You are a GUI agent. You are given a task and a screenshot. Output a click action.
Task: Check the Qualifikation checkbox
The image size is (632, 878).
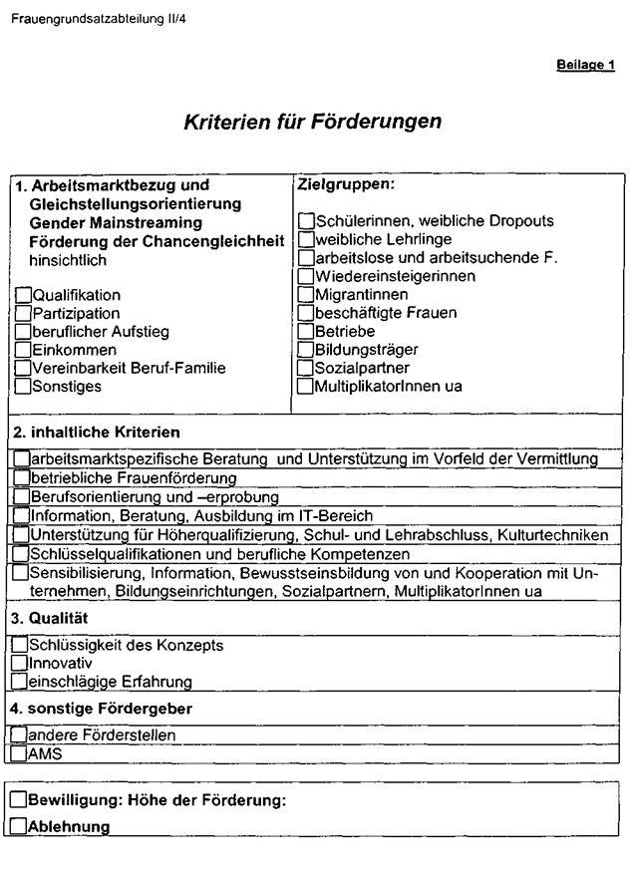pyautogui.click(x=23, y=296)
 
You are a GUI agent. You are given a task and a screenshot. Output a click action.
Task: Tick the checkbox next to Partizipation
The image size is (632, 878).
pyautogui.click(x=23, y=314)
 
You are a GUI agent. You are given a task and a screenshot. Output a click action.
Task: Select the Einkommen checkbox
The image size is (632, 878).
pyautogui.click(x=23, y=351)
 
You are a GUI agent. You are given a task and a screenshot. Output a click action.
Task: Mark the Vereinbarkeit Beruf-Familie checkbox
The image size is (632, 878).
pyautogui.click(x=23, y=369)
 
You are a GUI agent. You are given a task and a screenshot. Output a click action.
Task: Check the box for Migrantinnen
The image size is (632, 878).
pyautogui.click(x=306, y=295)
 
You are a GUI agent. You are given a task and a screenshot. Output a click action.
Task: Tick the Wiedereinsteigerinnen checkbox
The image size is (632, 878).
pyautogui.click(x=306, y=276)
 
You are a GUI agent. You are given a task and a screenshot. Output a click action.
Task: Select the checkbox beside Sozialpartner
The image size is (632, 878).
pyautogui.click(x=306, y=368)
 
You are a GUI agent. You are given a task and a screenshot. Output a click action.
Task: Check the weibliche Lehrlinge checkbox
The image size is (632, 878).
pyautogui.click(x=306, y=239)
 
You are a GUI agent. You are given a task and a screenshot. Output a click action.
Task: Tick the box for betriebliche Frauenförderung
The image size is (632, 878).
pyautogui.click(x=22, y=478)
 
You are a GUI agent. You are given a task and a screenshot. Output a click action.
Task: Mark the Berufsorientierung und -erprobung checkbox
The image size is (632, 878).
pyautogui.click(x=22, y=496)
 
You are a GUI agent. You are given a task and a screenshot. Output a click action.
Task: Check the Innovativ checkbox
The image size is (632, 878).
pyautogui.click(x=20, y=663)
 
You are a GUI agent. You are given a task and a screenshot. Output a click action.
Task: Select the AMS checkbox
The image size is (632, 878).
pyautogui.click(x=20, y=754)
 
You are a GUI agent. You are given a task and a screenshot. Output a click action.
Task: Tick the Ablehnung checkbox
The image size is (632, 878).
pyautogui.click(x=19, y=826)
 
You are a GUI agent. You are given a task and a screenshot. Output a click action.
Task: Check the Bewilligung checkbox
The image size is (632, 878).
pyautogui.click(x=19, y=800)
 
